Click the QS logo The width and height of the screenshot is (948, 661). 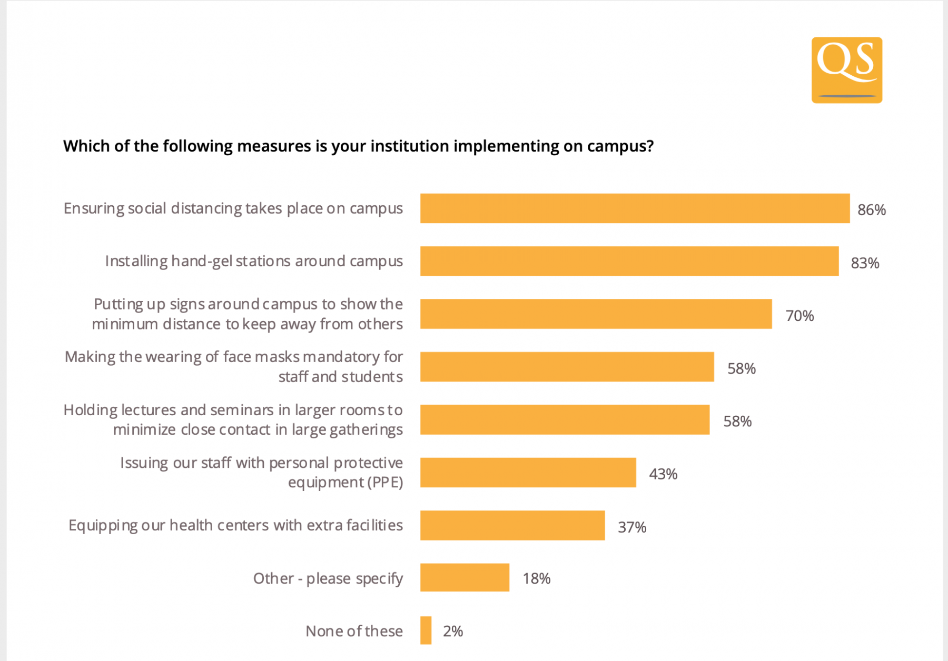(x=846, y=69)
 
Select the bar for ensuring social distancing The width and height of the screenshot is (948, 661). (x=635, y=208)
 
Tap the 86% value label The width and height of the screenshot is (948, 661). (x=871, y=210)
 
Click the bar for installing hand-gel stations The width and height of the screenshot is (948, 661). (x=629, y=261)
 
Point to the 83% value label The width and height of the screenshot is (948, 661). (x=865, y=263)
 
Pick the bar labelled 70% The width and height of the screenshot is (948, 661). (x=596, y=314)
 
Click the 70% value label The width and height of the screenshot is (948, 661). (x=799, y=316)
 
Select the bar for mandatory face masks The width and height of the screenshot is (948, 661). (x=567, y=367)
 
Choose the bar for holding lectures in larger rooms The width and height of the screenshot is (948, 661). (x=565, y=419)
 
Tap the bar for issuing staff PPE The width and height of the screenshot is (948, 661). (x=528, y=473)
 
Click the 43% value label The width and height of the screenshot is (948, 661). (x=663, y=474)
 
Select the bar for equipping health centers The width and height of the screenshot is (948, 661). (x=512, y=525)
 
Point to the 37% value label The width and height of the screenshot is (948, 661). (x=631, y=527)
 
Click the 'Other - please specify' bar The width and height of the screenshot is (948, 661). (x=465, y=577)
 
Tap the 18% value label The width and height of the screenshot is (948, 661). (x=536, y=579)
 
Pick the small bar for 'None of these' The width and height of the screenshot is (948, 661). (x=426, y=630)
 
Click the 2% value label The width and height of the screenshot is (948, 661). (x=452, y=631)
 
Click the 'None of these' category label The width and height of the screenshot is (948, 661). (x=354, y=631)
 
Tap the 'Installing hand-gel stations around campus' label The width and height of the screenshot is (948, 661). (x=254, y=261)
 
